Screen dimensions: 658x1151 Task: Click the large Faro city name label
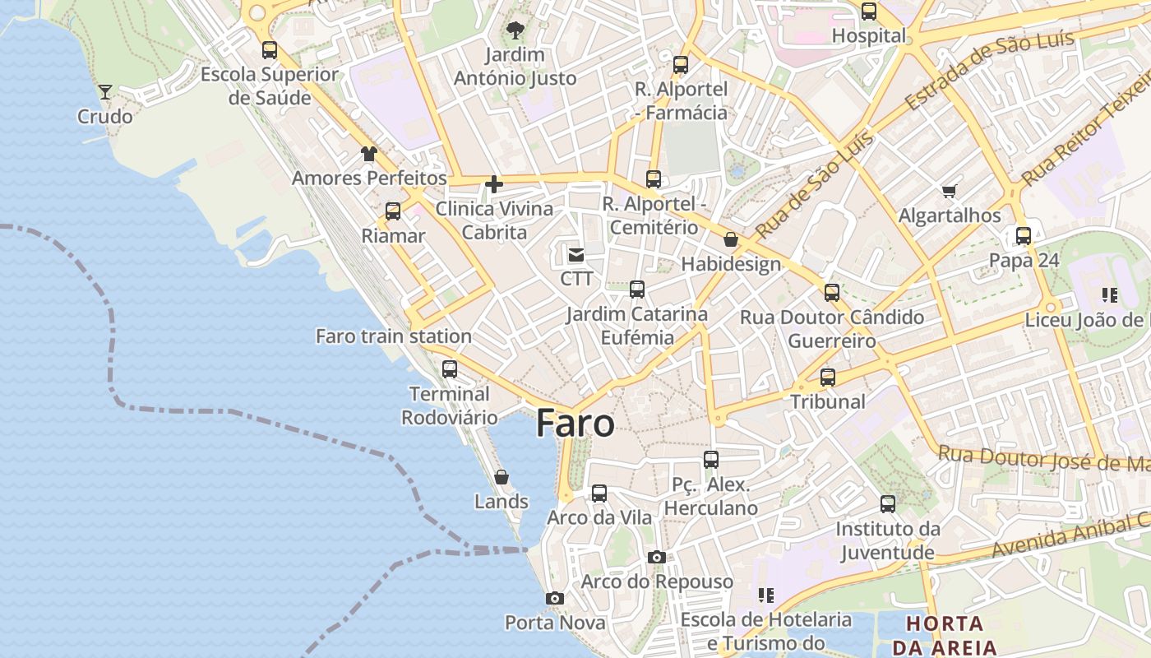[x=575, y=424]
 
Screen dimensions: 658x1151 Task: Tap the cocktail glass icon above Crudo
[x=105, y=91]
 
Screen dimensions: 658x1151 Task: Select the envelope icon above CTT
[x=576, y=255]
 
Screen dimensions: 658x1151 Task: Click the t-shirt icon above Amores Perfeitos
[x=369, y=154]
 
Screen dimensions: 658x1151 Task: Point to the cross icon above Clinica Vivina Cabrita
[x=494, y=184]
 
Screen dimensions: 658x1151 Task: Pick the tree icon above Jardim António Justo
[x=515, y=31]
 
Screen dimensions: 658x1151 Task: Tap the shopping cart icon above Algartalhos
[x=950, y=191]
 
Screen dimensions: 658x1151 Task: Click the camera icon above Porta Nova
[x=555, y=598]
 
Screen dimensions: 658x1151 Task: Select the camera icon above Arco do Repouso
[x=656, y=557]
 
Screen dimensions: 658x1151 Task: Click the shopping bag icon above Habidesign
[x=730, y=239]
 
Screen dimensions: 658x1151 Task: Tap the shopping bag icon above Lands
[x=502, y=476]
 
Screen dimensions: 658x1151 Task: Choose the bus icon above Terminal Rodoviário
[x=449, y=368]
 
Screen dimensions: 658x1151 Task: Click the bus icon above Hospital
[x=869, y=12]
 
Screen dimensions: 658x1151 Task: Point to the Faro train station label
[x=394, y=336]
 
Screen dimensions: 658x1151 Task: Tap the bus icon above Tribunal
[x=828, y=378]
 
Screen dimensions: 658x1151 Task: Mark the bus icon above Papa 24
[x=1024, y=236]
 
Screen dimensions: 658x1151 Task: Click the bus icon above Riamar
[x=393, y=211]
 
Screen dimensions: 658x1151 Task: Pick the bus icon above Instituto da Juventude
[x=888, y=504]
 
